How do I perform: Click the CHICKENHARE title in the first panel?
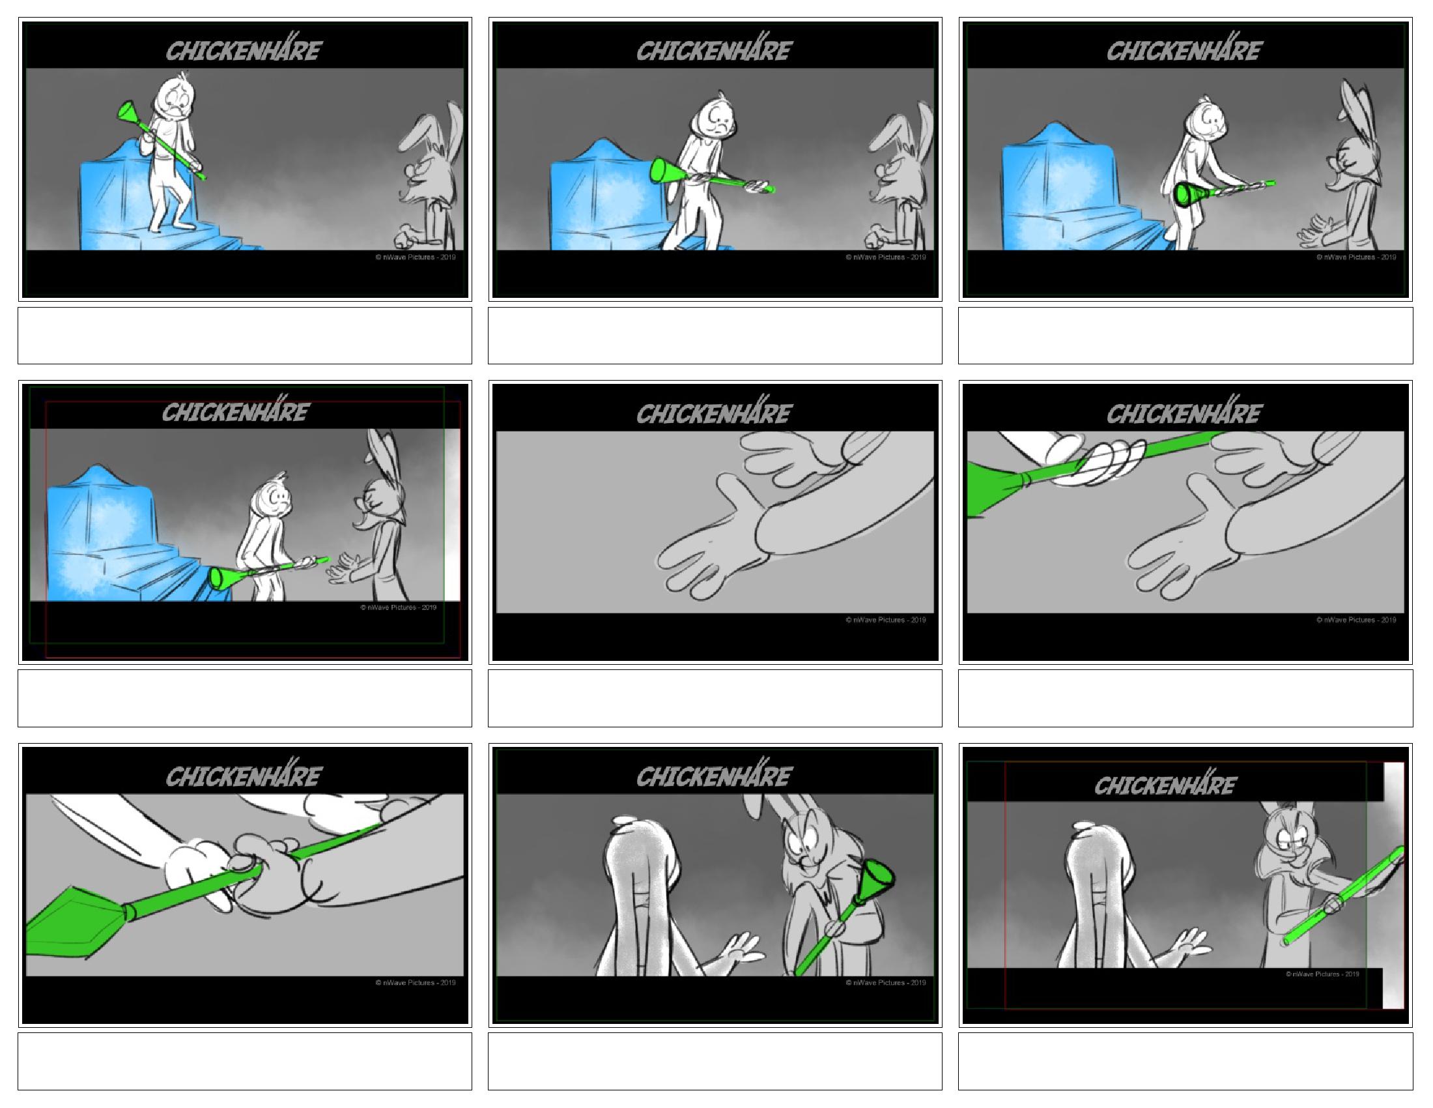tap(243, 50)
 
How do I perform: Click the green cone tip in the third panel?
tap(1187, 195)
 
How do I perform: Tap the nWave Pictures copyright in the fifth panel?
tap(885, 620)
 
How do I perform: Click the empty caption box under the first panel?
tap(245, 336)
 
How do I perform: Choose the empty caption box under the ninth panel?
tap(1185, 1061)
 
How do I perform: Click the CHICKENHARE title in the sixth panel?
tap(1184, 413)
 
